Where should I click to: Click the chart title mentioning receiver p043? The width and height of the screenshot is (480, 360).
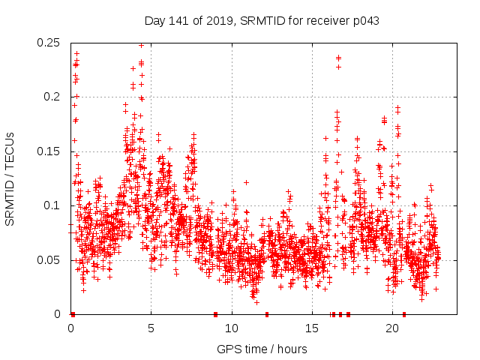tap(261, 21)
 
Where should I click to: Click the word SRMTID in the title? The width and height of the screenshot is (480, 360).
tap(253, 21)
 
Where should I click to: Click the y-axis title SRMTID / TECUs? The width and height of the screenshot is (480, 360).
tap(10, 178)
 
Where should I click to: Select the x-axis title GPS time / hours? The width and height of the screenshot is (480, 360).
tap(261, 349)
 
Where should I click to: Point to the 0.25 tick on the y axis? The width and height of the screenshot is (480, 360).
tap(50, 43)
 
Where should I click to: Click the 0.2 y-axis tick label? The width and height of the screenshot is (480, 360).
tap(54, 97)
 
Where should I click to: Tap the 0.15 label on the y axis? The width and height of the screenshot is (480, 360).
tap(50, 151)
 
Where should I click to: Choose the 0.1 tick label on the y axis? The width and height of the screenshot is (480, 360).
tap(54, 205)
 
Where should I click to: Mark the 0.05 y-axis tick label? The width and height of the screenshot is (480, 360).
tap(50, 260)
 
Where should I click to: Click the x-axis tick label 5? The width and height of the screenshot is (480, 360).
tap(151, 328)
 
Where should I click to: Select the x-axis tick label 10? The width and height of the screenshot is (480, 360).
tap(232, 328)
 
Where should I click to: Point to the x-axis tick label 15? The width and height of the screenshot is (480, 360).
tap(312, 328)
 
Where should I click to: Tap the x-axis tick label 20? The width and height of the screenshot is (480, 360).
tap(392, 328)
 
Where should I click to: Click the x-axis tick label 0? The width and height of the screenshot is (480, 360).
tap(70, 328)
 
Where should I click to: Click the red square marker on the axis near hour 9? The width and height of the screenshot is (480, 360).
tap(215, 314)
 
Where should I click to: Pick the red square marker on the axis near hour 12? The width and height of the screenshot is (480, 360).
tap(266, 314)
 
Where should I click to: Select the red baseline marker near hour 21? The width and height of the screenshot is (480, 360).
tap(404, 314)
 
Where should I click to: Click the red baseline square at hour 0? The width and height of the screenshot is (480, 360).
tap(73, 314)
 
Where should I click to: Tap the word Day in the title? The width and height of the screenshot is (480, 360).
tap(155, 21)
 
